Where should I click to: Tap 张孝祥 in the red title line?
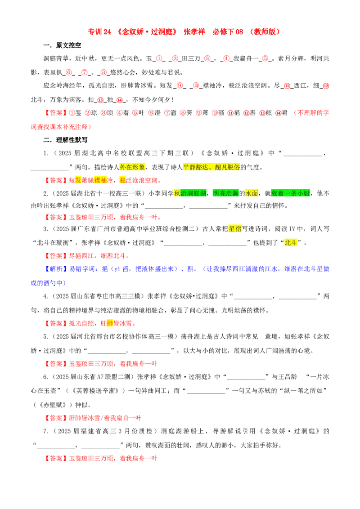point(194,31)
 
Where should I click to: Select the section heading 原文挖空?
point(68,45)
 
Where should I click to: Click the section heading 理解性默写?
point(72,140)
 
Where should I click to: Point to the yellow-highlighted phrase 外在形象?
point(132,167)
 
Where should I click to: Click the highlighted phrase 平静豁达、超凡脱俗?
point(211,167)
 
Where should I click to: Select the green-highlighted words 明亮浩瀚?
point(226,193)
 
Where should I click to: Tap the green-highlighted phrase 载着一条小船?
point(290,193)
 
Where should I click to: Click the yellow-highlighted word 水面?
point(252,193)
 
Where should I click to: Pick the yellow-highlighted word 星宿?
point(235,229)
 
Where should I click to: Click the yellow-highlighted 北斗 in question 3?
point(291,242)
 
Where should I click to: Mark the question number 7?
point(46,431)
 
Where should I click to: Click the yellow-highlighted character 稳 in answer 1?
point(123,180)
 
